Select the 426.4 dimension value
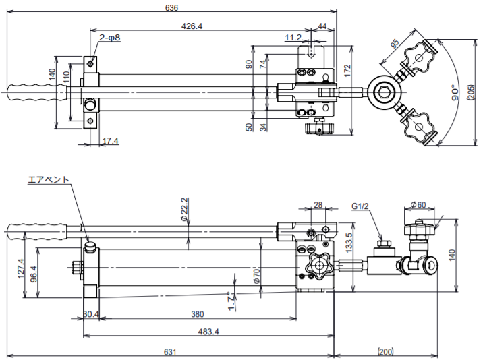(192, 26)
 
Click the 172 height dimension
(347, 69)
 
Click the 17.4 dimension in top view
(109, 141)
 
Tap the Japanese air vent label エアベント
(49, 180)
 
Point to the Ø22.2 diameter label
(183, 210)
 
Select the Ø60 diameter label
(418, 205)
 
